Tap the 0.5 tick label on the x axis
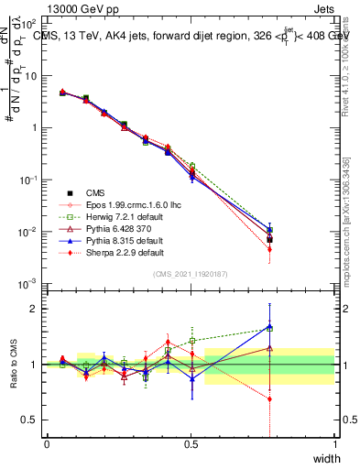click(191, 443)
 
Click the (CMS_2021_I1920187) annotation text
click(191, 275)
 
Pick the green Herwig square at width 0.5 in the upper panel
click(191, 166)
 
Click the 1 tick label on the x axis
click(335, 443)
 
